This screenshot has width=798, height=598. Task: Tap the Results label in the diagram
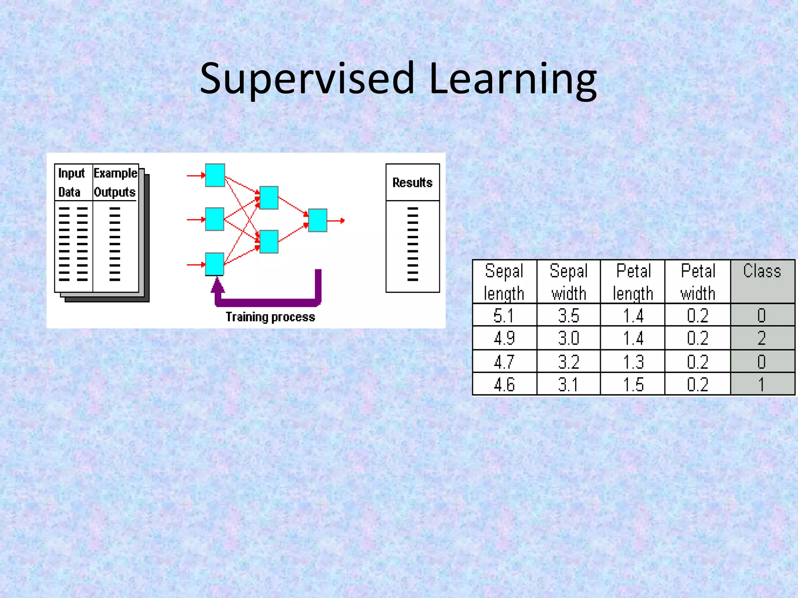(412, 183)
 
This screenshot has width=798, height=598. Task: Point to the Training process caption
(270, 317)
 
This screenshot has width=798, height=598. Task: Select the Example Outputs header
(115, 183)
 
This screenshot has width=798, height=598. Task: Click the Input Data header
(71, 183)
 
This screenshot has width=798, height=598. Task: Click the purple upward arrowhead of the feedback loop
(217, 285)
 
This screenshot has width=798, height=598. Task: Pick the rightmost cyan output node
(317, 220)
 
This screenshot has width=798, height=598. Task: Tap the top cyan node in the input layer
(215, 175)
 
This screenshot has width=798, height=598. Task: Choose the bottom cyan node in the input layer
(215, 264)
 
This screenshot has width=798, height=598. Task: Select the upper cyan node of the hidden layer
(269, 198)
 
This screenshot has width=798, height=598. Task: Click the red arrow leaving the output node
(336, 221)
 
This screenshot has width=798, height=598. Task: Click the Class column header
(762, 271)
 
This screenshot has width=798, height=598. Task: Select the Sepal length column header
(504, 282)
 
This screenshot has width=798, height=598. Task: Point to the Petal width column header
(698, 282)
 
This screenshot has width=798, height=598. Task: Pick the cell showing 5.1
(504, 315)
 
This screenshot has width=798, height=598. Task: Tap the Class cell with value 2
(762, 338)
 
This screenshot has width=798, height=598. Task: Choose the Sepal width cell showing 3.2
(568, 362)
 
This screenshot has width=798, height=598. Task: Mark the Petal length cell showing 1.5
(633, 385)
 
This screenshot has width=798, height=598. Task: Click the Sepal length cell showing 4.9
(504, 338)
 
